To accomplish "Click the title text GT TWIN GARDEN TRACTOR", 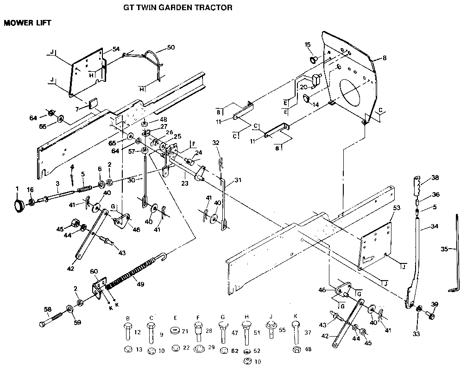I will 177,8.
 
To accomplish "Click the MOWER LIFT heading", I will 27,22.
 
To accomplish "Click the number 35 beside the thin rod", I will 444,249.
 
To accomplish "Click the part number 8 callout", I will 384,58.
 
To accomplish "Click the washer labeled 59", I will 69,309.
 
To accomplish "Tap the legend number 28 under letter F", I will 208,332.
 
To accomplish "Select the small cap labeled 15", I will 313,59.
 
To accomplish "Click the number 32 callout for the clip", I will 216,142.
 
